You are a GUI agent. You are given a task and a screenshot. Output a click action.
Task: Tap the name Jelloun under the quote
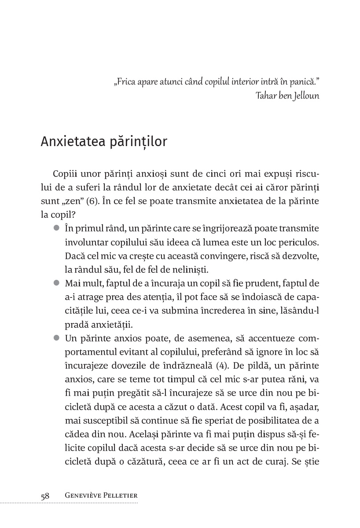click(304, 96)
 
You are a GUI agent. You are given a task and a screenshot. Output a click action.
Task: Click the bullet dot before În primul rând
click(56, 228)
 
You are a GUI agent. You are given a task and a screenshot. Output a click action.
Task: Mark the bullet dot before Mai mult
click(56, 283)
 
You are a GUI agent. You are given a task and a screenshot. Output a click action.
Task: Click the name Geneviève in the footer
click(82, 496)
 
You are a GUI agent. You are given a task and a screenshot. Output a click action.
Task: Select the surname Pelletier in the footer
click(121, 496)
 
